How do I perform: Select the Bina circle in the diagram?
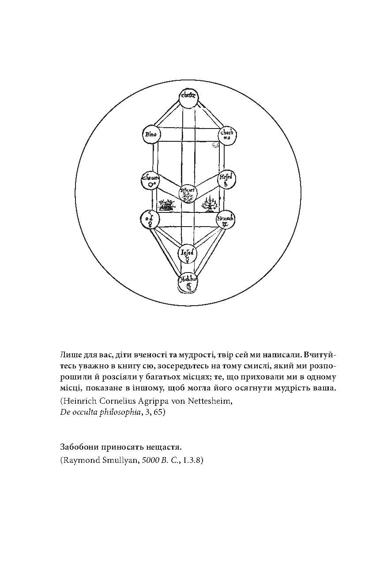pos(151,134)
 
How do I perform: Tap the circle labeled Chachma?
pos(228,135)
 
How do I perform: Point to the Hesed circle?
pos(228,179)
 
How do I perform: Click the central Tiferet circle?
pos(188,193)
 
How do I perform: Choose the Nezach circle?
pos(226,220)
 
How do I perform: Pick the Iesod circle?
pos(187,254)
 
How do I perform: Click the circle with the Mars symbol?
pos(150,180)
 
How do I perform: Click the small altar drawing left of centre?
pos(166,205)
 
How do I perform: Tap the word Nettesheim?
pos(211,401)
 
